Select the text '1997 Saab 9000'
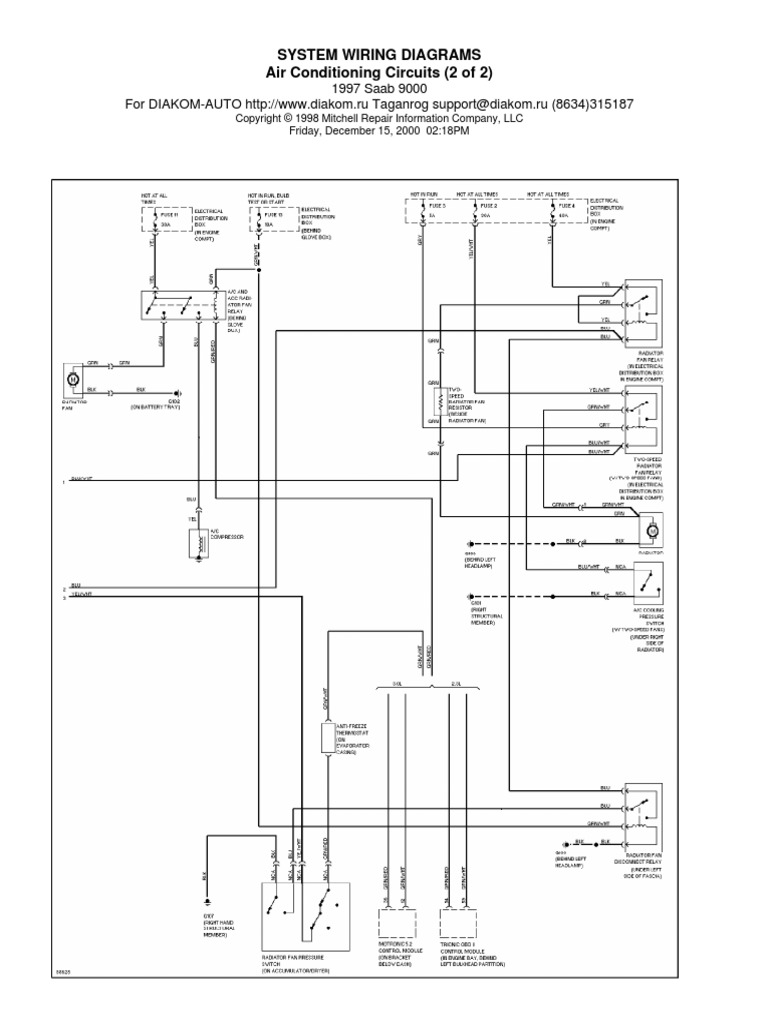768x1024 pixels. [385, 88]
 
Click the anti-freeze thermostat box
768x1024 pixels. [325, 736]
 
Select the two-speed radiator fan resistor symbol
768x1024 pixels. [435, 402]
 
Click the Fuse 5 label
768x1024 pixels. [425, 205]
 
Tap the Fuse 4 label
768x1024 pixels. [565, 205]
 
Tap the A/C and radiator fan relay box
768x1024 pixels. [180, 306]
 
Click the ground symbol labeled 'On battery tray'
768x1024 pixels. [177, 392]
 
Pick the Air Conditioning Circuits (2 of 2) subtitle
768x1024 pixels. [385, 72]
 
